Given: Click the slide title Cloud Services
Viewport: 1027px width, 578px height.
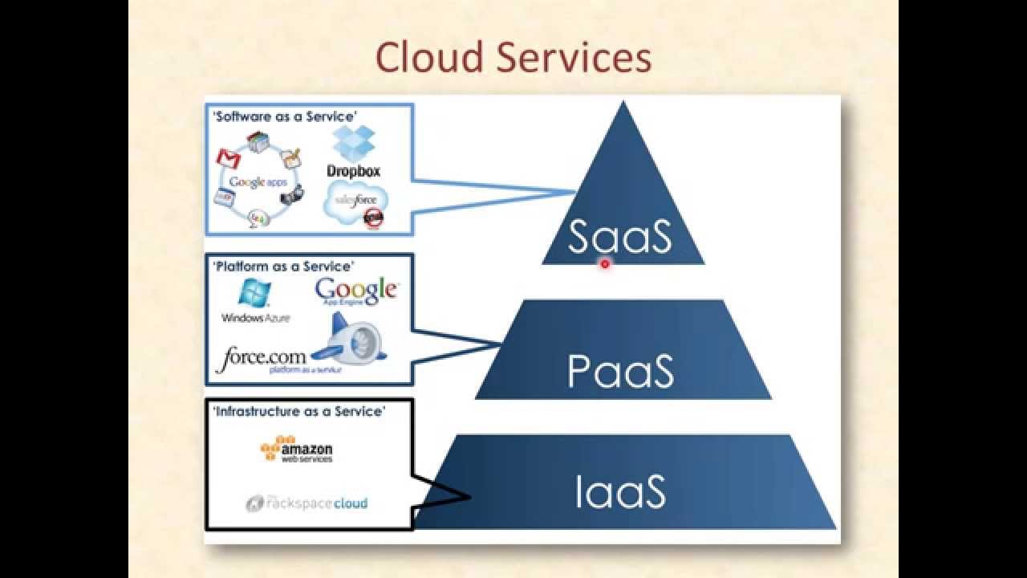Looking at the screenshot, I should point(513,58).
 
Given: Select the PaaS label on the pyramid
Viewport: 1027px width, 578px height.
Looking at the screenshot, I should point(620,371).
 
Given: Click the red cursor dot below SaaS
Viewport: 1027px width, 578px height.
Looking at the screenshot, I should point(605,263).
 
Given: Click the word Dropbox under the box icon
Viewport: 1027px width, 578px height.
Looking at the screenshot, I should point(353,171).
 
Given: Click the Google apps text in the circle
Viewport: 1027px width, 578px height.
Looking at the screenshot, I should point(258,182).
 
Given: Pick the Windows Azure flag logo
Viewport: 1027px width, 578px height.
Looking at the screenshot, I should point(254,294).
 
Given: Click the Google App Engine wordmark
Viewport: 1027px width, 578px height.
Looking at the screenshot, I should point(356,291).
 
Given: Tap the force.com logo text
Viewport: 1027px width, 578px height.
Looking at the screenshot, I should point(261,356).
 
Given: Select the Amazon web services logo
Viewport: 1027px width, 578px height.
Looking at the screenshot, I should point(297,449).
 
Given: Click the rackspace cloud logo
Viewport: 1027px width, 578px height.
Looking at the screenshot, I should point(306,503).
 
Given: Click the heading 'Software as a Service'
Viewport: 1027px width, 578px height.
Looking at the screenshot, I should point(283,116).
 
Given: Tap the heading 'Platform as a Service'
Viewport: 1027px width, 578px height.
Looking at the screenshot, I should point(282,266).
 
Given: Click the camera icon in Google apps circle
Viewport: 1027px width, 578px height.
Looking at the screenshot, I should point(296,193).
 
